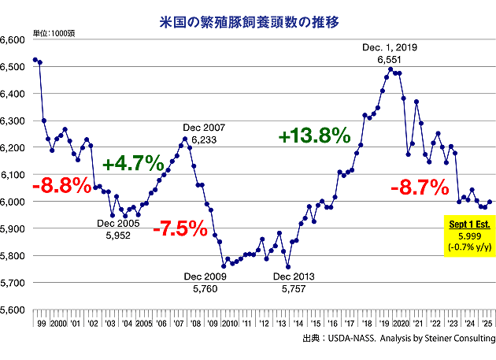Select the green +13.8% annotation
pyautogui.click(x=313, y=135)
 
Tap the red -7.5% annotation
pyautogui.click(x=182, y=231)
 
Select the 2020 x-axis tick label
pyautogui.click(x=400, y=324)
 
